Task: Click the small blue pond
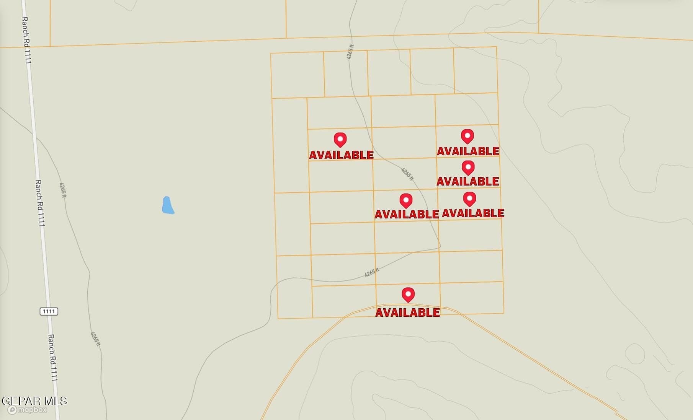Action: [x=168, y=205]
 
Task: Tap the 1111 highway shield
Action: [x=49, y=311]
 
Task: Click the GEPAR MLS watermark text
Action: [x=34, y=401]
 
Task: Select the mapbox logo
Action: [x=28, y=410]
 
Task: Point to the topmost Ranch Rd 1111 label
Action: [x=26, y=40]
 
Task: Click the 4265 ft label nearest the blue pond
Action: [x=63, y=190]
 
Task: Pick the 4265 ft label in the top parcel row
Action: [x=350, y=52]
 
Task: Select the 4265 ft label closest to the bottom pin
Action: [x=372, y=272]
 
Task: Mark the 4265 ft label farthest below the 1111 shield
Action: [x=95, y=339]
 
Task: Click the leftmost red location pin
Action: [x=340, y=140]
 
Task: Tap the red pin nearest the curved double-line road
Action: [x=408, y=295]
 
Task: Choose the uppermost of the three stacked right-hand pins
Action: [x=467, y=136]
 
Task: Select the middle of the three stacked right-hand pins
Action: [x=468, y=168]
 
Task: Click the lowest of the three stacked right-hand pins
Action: [x=469, y=199]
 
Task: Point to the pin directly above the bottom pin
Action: [x=406, y=200]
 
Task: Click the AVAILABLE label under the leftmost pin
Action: [x=341, y=155]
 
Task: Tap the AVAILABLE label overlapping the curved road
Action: [x=407, y=313]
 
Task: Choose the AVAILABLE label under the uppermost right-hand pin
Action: [x=468, y=151]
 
